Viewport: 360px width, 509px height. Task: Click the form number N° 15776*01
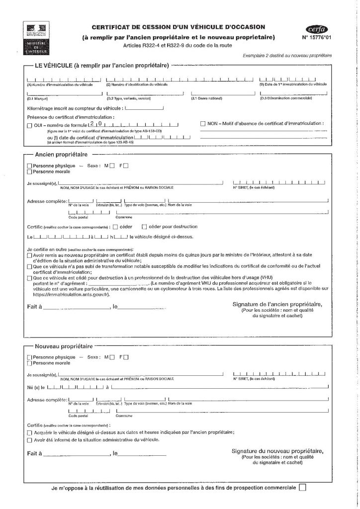[x=317, y=37]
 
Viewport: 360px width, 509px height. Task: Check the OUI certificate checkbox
[x=29, y=124]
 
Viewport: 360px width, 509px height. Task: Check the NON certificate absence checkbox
[x=202, y=123]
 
